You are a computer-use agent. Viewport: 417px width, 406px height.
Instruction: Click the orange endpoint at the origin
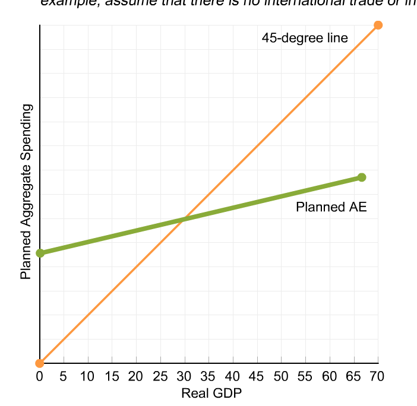coord(39,363)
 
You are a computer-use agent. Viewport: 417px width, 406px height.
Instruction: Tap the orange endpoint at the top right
coord(378,25)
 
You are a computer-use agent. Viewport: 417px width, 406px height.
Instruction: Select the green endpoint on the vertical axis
coord(40,253)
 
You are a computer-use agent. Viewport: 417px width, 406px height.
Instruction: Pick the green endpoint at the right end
coord(362,177)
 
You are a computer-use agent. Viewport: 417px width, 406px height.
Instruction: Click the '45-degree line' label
coord(305,38)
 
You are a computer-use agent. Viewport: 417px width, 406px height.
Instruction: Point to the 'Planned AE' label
coord(331,207)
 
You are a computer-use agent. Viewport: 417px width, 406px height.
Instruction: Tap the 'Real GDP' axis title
coord(211,393)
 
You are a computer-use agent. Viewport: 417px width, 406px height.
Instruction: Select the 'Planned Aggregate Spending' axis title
coord(26,191)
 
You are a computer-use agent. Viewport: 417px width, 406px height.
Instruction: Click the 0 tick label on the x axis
coord(39,377)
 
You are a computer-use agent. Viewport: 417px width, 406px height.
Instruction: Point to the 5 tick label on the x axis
coord(64,377)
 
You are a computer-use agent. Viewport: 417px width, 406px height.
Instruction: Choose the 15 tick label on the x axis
coord(112,377)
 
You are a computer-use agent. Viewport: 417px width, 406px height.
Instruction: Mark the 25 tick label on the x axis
coord(160,377)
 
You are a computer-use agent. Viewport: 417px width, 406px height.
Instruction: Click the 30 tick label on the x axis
coord(184,377)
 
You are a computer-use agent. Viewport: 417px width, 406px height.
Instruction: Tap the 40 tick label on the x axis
coord(232,377)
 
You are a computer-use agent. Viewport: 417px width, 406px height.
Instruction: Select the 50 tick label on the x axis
coord(281,377)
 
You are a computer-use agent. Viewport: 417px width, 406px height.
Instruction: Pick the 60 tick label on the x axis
coord(329,377)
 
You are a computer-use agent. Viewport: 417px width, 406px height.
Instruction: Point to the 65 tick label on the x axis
coord(353,377)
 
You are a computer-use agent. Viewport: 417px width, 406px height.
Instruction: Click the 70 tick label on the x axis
coord(377,377)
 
